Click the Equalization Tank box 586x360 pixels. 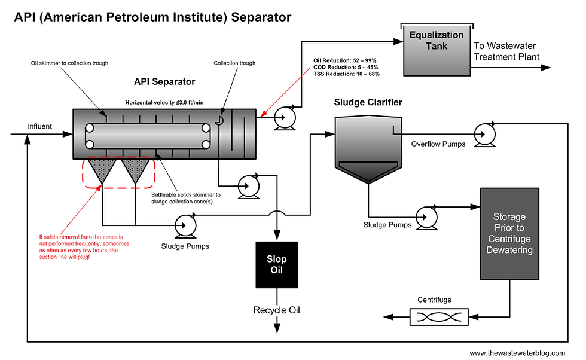(437, 50)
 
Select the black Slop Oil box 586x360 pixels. (277, 265)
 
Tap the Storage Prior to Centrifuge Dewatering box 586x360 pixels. (509, 234)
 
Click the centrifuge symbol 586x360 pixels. (439, 317)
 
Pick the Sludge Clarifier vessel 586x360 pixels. (368, 150)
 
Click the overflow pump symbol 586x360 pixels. (485, 134)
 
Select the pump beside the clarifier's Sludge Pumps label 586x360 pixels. (426, 217)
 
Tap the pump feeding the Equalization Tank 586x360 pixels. (285, 118)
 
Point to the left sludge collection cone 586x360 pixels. (102, 169)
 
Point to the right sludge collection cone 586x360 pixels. (135, 169)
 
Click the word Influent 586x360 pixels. (39, 126)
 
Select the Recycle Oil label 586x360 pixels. (276, 310)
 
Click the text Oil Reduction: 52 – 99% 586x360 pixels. (345, 60)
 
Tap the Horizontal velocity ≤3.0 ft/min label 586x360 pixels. (164, 102)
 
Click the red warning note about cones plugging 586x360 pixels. (84, 247)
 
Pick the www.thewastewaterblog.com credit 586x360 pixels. (517, 353)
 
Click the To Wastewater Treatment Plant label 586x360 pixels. (506, 51)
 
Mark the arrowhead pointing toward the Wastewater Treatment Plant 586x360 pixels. (545, 68)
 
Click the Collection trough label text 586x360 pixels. (234, 63)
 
